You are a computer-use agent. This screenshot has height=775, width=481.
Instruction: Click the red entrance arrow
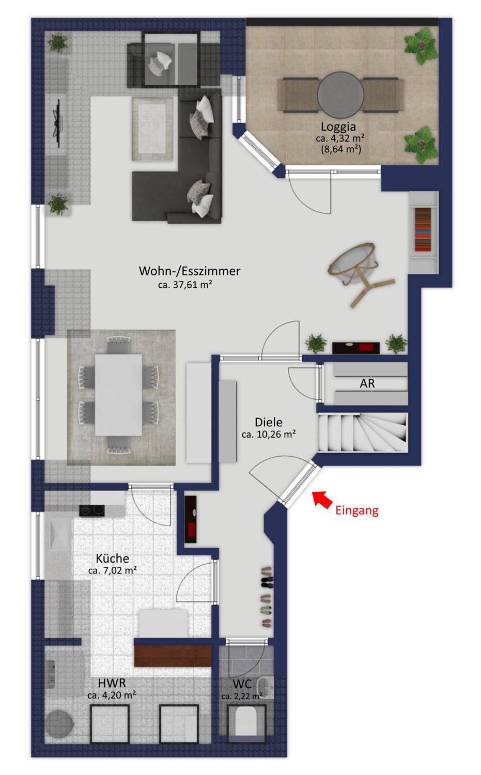point(323,500)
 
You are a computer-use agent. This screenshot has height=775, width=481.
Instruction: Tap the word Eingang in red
point(356,510)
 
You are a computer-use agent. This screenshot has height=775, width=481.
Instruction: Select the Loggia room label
point(338,127)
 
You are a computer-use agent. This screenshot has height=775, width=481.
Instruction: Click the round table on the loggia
point(340,95)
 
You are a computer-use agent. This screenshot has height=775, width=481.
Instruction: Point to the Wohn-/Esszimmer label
point(189,271)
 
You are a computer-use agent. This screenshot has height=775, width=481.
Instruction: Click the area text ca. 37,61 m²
point(185,285)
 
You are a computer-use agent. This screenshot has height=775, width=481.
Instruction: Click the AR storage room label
point(367,383)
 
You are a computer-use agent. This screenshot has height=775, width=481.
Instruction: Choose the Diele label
point(268,422)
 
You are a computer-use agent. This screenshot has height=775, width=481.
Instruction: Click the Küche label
point(112,559)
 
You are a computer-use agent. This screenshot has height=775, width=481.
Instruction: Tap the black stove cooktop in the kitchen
point(92,510)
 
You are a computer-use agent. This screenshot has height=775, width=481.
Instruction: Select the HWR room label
point(112,683)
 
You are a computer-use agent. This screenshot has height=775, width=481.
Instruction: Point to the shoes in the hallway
point(266,597)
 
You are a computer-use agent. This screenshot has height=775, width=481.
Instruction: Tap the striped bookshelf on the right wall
point(423,229)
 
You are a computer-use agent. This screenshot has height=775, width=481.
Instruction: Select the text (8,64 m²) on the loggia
point(341,149)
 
